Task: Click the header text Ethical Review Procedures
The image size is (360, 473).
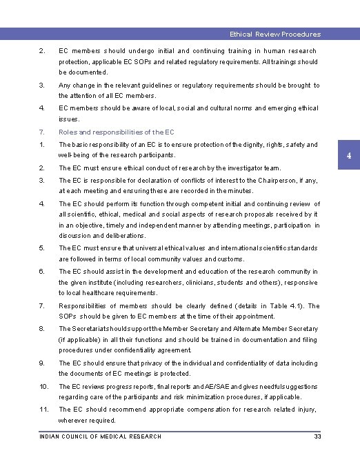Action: point(275,34)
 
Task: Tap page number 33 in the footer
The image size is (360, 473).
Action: point(317,436)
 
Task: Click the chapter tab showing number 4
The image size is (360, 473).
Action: point(349,156)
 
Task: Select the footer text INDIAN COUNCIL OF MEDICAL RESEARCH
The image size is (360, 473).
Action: point(100,436)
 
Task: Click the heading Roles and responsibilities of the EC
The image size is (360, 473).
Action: point(116,132)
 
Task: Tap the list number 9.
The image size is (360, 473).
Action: point(42,363)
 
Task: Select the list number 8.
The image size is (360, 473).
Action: point(42,328)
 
